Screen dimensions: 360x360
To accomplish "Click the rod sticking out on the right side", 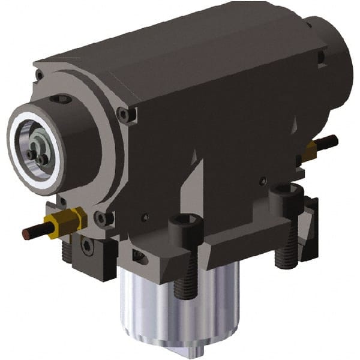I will coord(326,143).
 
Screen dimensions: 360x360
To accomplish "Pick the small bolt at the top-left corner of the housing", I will coord(39,74).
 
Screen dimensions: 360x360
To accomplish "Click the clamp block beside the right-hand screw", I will coord(310,231).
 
